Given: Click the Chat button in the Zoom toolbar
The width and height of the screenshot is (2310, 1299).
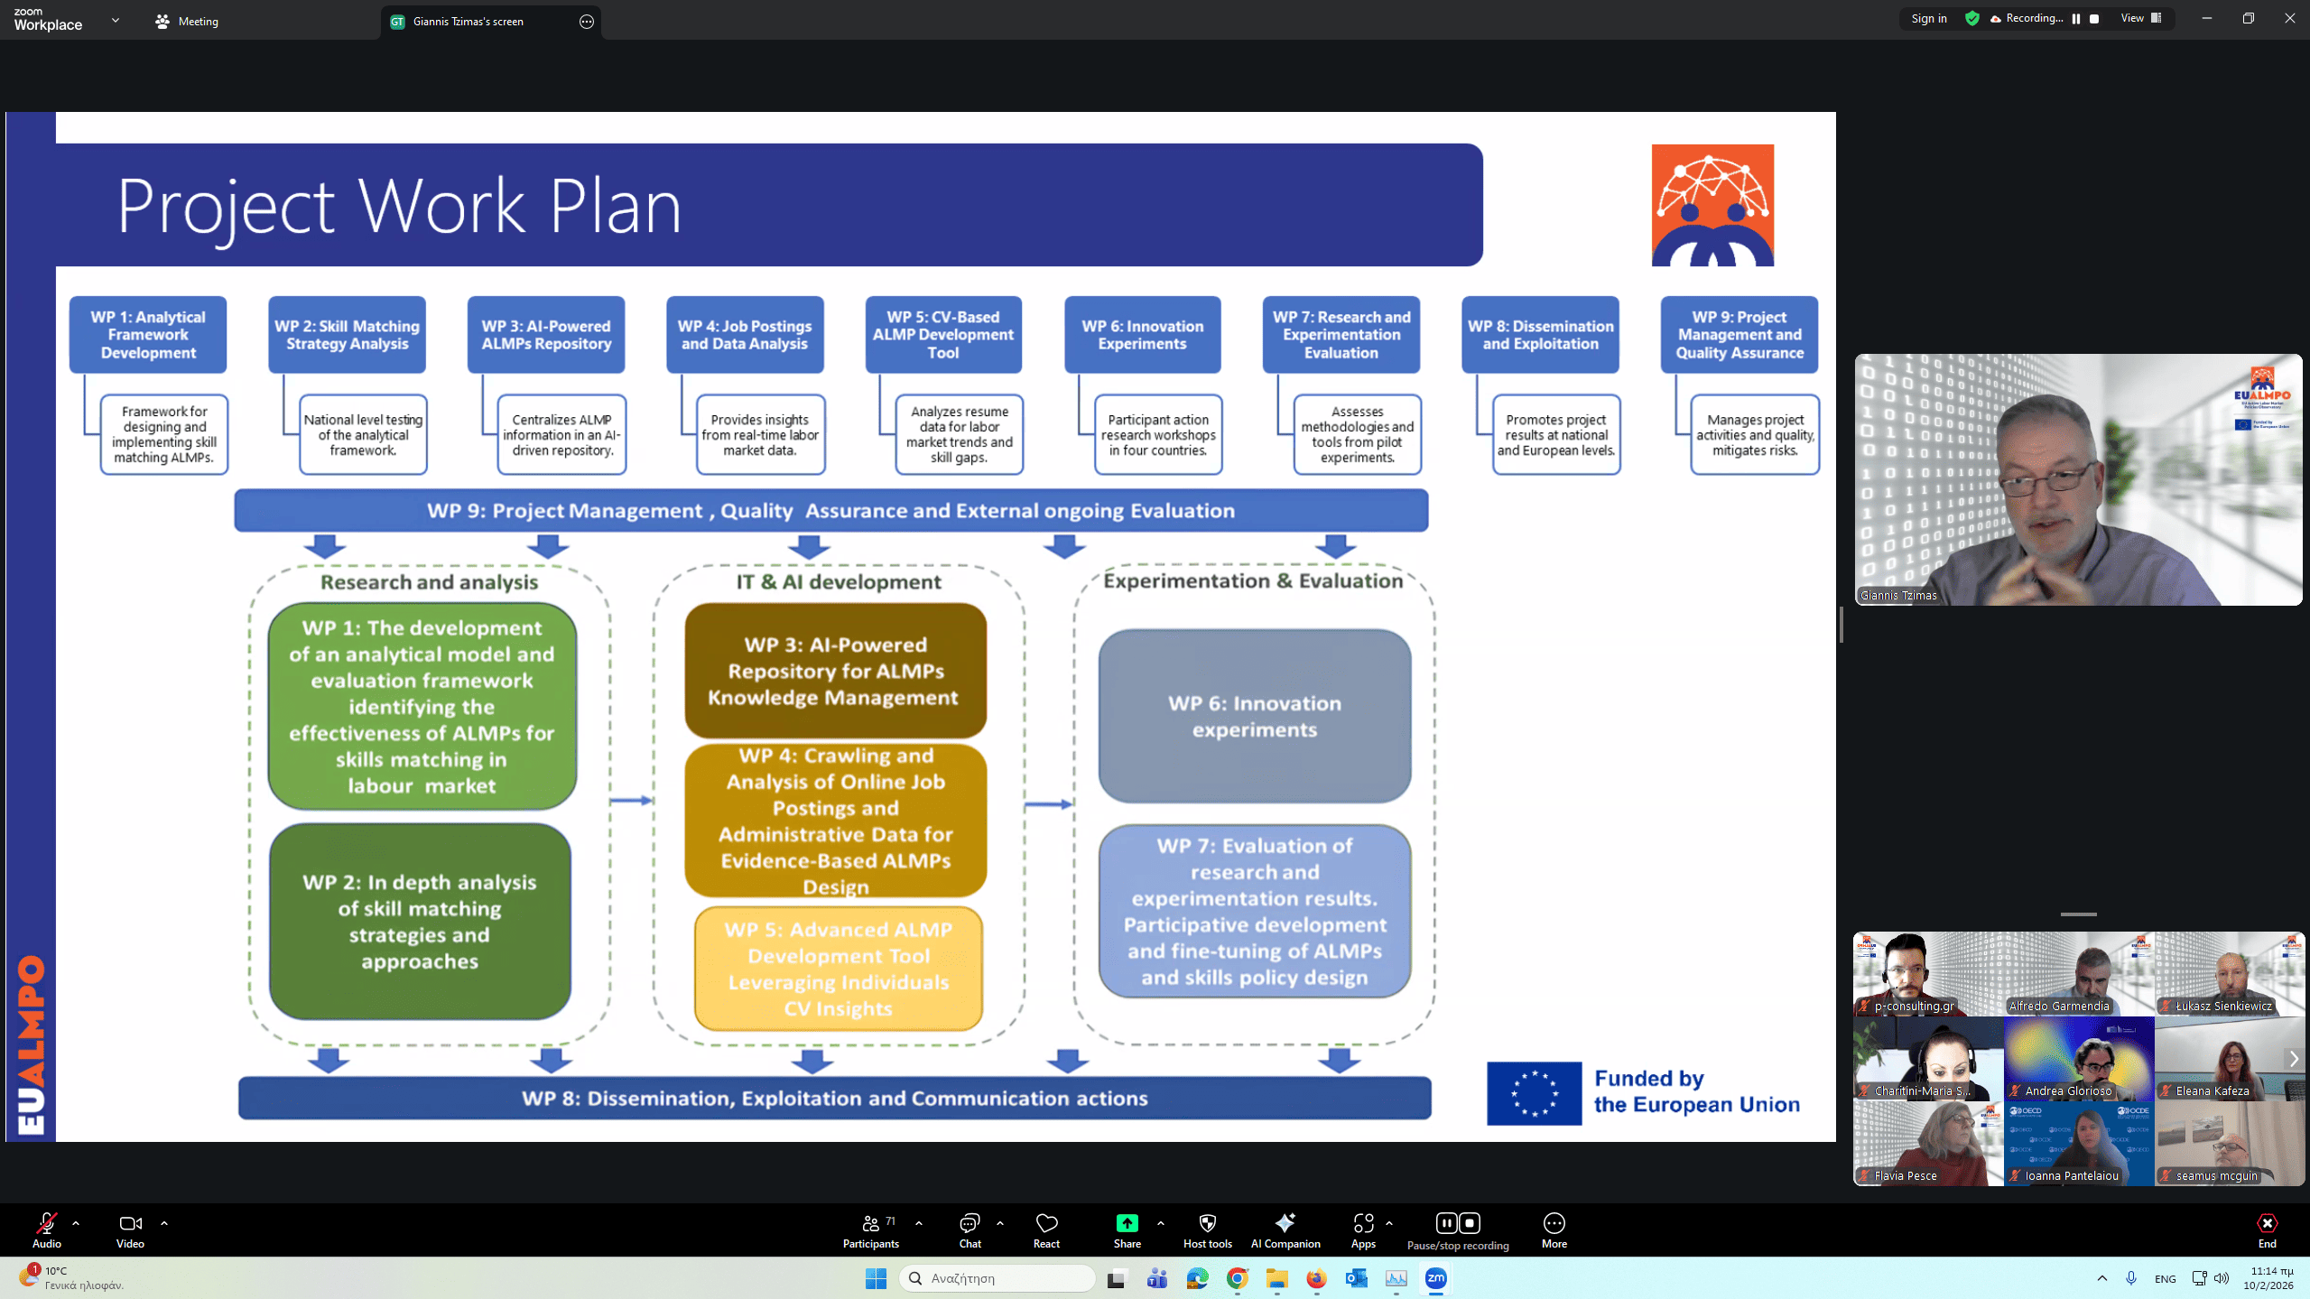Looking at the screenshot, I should pos(969,1229).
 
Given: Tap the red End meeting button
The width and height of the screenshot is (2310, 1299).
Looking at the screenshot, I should pos(2267,1229).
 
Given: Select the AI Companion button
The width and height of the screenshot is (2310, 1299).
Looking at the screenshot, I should pos(1285,1229).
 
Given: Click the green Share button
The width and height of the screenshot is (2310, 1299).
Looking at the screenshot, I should pos(1127,1229).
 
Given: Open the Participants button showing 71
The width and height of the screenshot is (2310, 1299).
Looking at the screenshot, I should pos(871,1229).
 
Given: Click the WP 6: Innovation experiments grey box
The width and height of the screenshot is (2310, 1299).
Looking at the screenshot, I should pos(1254,716).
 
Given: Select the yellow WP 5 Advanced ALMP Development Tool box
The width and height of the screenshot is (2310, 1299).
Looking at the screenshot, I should pos(838,969).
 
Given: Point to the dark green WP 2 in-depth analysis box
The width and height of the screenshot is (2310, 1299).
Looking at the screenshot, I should pos(420,922).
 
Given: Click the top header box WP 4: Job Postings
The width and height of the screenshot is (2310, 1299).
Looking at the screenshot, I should pos(745,335).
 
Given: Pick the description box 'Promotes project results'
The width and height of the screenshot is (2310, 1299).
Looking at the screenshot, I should pos(1555,435).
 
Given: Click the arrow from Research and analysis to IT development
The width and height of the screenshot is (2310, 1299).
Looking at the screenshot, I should pos(631,801).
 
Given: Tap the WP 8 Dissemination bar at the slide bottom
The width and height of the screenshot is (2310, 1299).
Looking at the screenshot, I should pos(834,1099).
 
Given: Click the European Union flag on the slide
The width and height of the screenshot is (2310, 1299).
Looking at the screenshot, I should pos(1534,1093).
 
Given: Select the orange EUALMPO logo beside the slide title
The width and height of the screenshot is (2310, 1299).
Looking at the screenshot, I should pos(1712,206).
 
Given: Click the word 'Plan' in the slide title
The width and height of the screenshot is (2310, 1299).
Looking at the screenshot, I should pos(615,207).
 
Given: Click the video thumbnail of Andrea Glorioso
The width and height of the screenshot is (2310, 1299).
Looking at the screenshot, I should pos(2078,1058).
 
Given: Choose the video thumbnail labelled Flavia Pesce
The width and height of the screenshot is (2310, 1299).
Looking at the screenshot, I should pos(1928,1143).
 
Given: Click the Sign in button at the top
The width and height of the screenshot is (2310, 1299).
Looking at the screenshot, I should pos(1928,19).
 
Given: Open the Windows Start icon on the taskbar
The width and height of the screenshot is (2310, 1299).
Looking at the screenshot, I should pos(876,1278).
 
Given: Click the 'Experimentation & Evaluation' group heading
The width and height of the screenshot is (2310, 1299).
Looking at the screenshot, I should pos(1253,581).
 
